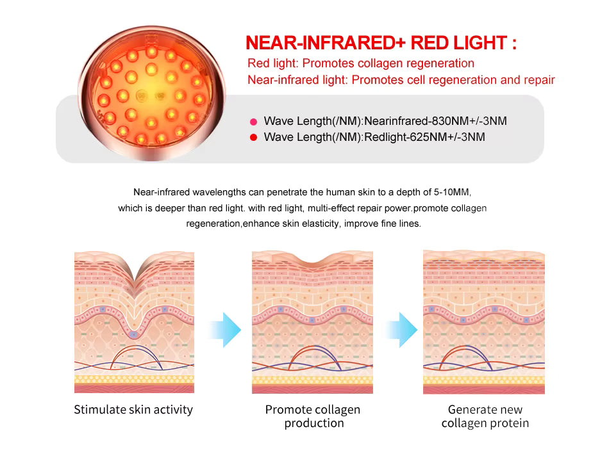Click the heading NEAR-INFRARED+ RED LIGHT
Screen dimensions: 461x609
[381, 44]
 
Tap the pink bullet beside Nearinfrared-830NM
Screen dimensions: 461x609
[253, 121]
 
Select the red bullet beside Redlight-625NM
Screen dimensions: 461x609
[253, 137]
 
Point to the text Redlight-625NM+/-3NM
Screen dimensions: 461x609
[424, 137]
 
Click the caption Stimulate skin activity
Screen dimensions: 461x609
[133, 410]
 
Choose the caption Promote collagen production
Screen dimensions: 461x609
[313, 416]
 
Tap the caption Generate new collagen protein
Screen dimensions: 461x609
[485, 416]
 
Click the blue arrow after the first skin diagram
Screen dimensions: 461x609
[225, 330]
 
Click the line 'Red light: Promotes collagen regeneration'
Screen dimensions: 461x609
[361, 63]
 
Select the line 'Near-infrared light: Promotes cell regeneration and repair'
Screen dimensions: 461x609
[401, 80]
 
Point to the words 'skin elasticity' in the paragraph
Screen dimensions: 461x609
[310, 224]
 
